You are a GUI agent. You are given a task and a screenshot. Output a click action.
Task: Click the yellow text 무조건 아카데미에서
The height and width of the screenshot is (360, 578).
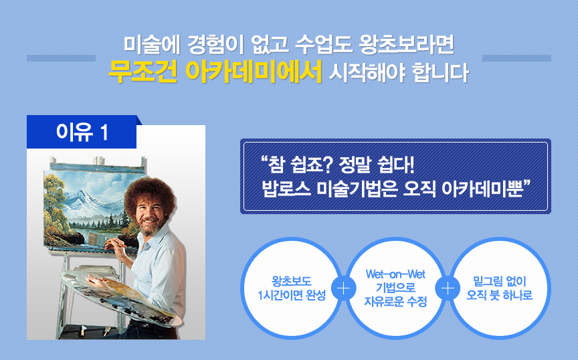coord(215,72)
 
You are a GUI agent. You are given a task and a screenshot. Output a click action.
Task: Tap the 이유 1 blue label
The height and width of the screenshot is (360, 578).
coord(82,132)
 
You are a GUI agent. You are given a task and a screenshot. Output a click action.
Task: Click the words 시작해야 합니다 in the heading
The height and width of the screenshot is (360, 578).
coord(398,72)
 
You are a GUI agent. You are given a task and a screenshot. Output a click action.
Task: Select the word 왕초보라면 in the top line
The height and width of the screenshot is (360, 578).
coord(406,44)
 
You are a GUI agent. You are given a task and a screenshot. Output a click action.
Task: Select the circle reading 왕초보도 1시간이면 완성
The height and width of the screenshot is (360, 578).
coord(291,288)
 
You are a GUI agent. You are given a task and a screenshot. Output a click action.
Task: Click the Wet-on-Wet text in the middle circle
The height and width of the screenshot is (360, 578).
coord(395,274)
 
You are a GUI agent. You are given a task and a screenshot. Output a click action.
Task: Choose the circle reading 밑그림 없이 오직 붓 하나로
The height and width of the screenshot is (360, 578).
coord(499,288)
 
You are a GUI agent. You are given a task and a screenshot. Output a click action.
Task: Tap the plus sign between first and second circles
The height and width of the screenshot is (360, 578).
coord(343,288)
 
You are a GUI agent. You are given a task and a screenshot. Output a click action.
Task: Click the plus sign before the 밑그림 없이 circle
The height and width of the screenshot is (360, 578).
coord(448,288)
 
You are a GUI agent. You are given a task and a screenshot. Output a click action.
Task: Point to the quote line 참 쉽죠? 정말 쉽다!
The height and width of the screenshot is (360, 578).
coord(337,165)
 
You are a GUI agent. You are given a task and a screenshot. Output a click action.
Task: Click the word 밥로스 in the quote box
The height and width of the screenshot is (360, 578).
coord(286,189)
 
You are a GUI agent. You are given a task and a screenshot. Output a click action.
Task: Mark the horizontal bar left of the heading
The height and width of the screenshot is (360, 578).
coord(61,58)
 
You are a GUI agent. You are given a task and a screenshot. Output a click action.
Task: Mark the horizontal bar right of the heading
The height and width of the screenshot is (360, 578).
coord(516,58)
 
